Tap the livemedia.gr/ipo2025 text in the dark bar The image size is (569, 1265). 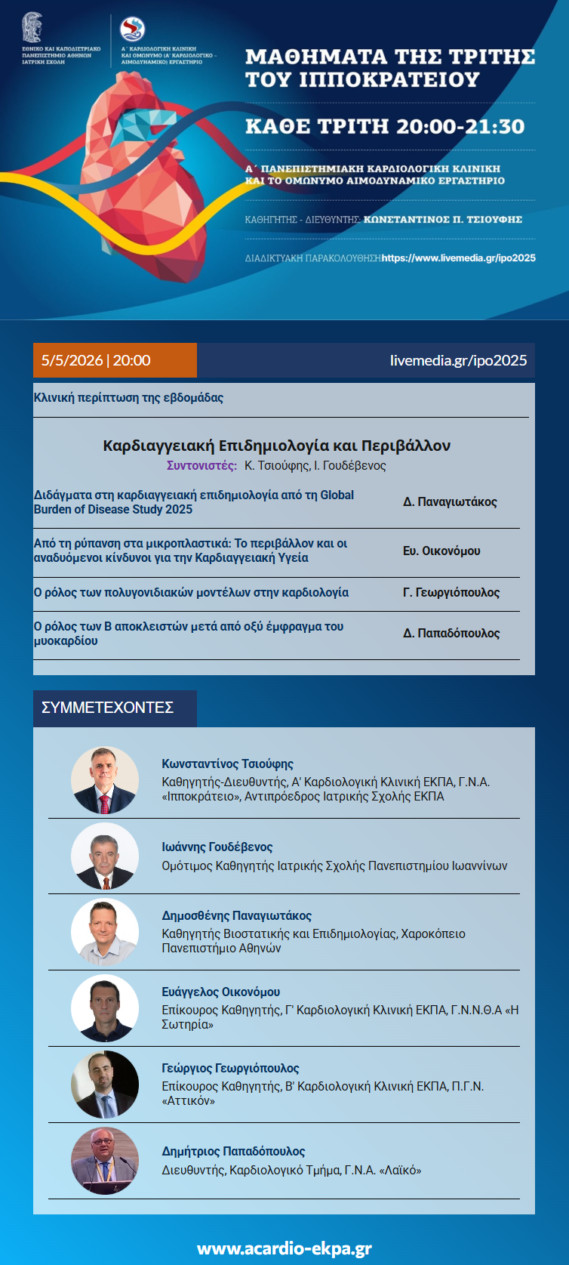tap(458, 360)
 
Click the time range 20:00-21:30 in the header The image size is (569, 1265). tap(460, 126)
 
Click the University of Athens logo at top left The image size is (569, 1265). tap(32, 28)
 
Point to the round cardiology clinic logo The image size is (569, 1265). tap(133, 29)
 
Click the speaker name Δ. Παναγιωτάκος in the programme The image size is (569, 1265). tap(450, 501)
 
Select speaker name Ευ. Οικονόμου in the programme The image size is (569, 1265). tap(441, 551)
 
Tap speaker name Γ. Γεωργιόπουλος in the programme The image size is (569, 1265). tap(451, 592)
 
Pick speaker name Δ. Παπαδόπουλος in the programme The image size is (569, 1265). tap(451, 633)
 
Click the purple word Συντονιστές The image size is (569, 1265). tap(201, 465)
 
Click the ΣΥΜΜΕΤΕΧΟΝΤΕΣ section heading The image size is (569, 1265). tap(107, 708)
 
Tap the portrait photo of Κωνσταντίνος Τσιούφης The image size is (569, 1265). tap(105, 780)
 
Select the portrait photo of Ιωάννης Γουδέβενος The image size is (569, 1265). tap(105, 856)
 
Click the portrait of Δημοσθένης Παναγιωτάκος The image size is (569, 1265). tap(105, 932)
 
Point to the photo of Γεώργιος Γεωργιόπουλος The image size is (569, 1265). tap(105, 1085)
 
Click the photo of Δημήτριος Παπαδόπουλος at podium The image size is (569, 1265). tap(105, 1160)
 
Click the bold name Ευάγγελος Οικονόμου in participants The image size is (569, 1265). tap(220, 992)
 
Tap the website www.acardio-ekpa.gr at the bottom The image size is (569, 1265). tap(284, 1248)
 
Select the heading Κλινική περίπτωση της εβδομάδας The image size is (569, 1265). tap(128, 397)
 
